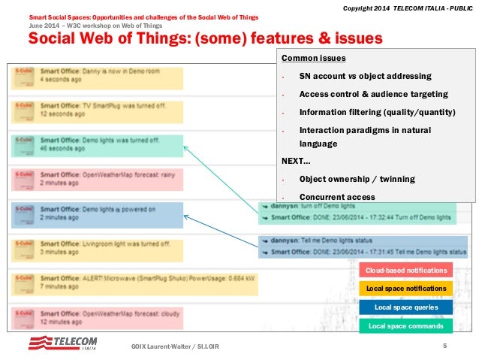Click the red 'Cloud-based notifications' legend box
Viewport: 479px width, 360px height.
click(406, 270)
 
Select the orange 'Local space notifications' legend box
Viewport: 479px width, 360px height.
click(406, 289)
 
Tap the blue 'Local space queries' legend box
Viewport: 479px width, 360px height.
click(406, 307)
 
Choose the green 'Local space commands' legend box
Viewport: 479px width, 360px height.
click(406, 326)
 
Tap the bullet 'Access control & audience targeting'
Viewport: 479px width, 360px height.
click(373, 94)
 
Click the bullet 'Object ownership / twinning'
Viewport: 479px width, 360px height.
click(357, 179)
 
